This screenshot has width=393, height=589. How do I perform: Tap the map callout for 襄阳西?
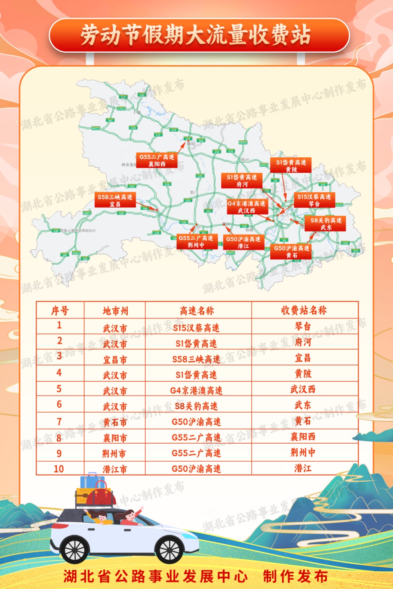pos(157,160)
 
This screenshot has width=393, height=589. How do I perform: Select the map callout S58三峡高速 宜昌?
pos(115,200)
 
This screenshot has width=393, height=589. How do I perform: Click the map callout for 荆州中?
pos(196,241)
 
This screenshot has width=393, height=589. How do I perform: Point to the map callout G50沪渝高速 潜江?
pos(243,243)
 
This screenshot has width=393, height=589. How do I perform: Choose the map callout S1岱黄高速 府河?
pos(242,181)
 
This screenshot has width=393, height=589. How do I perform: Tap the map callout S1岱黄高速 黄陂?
pos(291,166)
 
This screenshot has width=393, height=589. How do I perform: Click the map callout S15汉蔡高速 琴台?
pos(314,200)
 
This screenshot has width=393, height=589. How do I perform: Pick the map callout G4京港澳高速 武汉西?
pos(247,207)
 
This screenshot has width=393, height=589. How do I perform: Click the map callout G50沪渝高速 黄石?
pos(291,252)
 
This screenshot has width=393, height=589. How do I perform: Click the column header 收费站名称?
pos(304,310)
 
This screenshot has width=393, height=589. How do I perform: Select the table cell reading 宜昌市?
pos(115,360)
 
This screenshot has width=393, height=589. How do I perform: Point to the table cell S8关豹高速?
pos(196,406)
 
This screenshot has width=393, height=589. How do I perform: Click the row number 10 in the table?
pos(59,469)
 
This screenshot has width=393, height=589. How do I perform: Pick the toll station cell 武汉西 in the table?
pos(303,390)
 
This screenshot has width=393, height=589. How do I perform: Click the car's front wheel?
pos(170,550)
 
